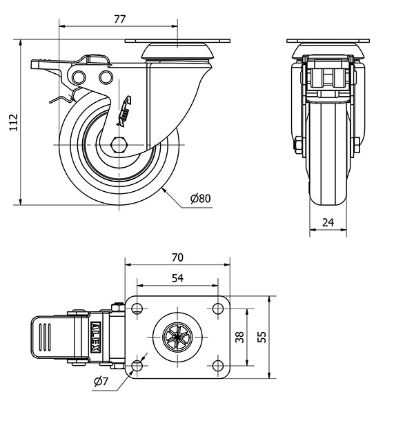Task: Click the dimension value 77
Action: (x=118, y=20)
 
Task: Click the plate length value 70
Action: (x=177, y=257)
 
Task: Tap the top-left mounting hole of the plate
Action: (x=137, y=308)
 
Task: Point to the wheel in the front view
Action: (x=327, y=159)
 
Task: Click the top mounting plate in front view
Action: (x=327, y=39)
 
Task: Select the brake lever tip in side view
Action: (x=36, y=66)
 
